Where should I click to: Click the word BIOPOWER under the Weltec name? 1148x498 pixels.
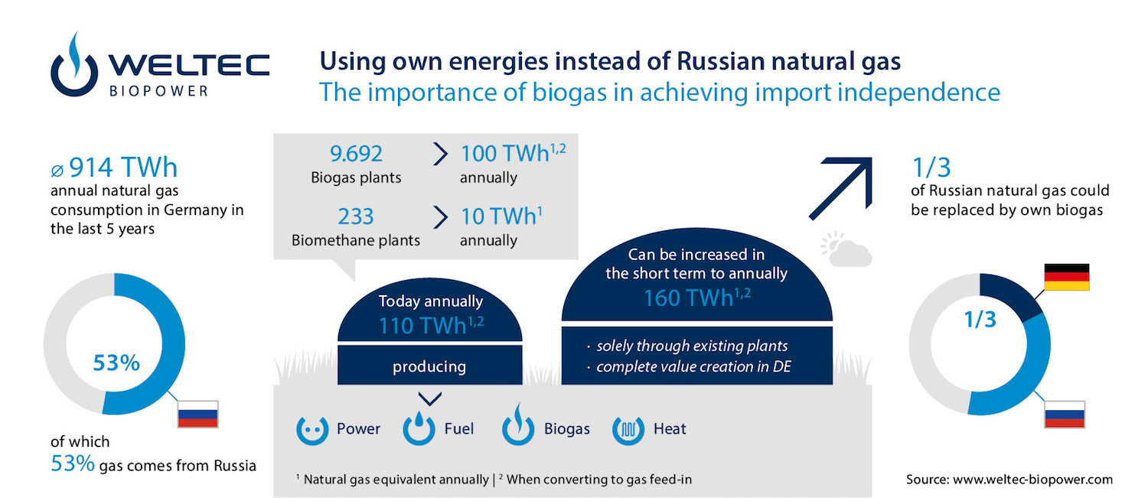(x=159, y=91)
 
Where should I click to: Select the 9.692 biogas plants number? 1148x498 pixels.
(x=356, y=154)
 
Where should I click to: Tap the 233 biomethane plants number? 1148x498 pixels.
(x=356, y=216)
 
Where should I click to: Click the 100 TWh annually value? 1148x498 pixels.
(x=513, y=153)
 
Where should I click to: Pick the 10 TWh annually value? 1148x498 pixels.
(x=501, y=216)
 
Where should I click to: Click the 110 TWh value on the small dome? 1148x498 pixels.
(x=430, y=326)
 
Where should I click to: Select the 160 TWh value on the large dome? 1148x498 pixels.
(x=696, y=298)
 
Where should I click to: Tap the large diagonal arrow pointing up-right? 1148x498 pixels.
(x=841, y=188)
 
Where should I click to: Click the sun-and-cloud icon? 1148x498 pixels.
(x=846, y=249)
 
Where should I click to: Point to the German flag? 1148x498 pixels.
(x=1067, y=277)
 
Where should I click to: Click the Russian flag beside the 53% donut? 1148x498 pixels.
(x=197, y=414)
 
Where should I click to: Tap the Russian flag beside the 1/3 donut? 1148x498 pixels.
(x=1065, y=414)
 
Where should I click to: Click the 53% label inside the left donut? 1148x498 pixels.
(x=116, y=363)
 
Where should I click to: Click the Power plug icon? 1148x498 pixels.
(x=312, y=429)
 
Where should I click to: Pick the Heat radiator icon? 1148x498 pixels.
(x=628, y=429)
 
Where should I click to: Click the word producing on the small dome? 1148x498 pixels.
(x=429, y=367)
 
